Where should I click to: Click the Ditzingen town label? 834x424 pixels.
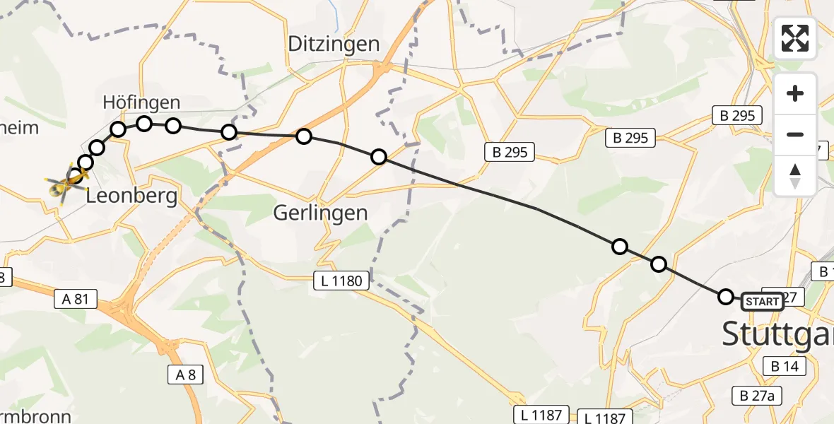334,44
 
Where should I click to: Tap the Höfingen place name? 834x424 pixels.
141,102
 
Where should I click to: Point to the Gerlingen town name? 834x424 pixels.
322,212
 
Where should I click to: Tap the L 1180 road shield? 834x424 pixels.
341,281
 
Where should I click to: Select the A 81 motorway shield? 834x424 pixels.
75,299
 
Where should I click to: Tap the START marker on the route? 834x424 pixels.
763,302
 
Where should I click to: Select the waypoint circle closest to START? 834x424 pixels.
726,297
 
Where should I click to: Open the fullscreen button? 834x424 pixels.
795,38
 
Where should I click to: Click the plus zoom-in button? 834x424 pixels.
795,93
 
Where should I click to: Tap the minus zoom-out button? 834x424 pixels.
795,134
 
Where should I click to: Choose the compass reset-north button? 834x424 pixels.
795,175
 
